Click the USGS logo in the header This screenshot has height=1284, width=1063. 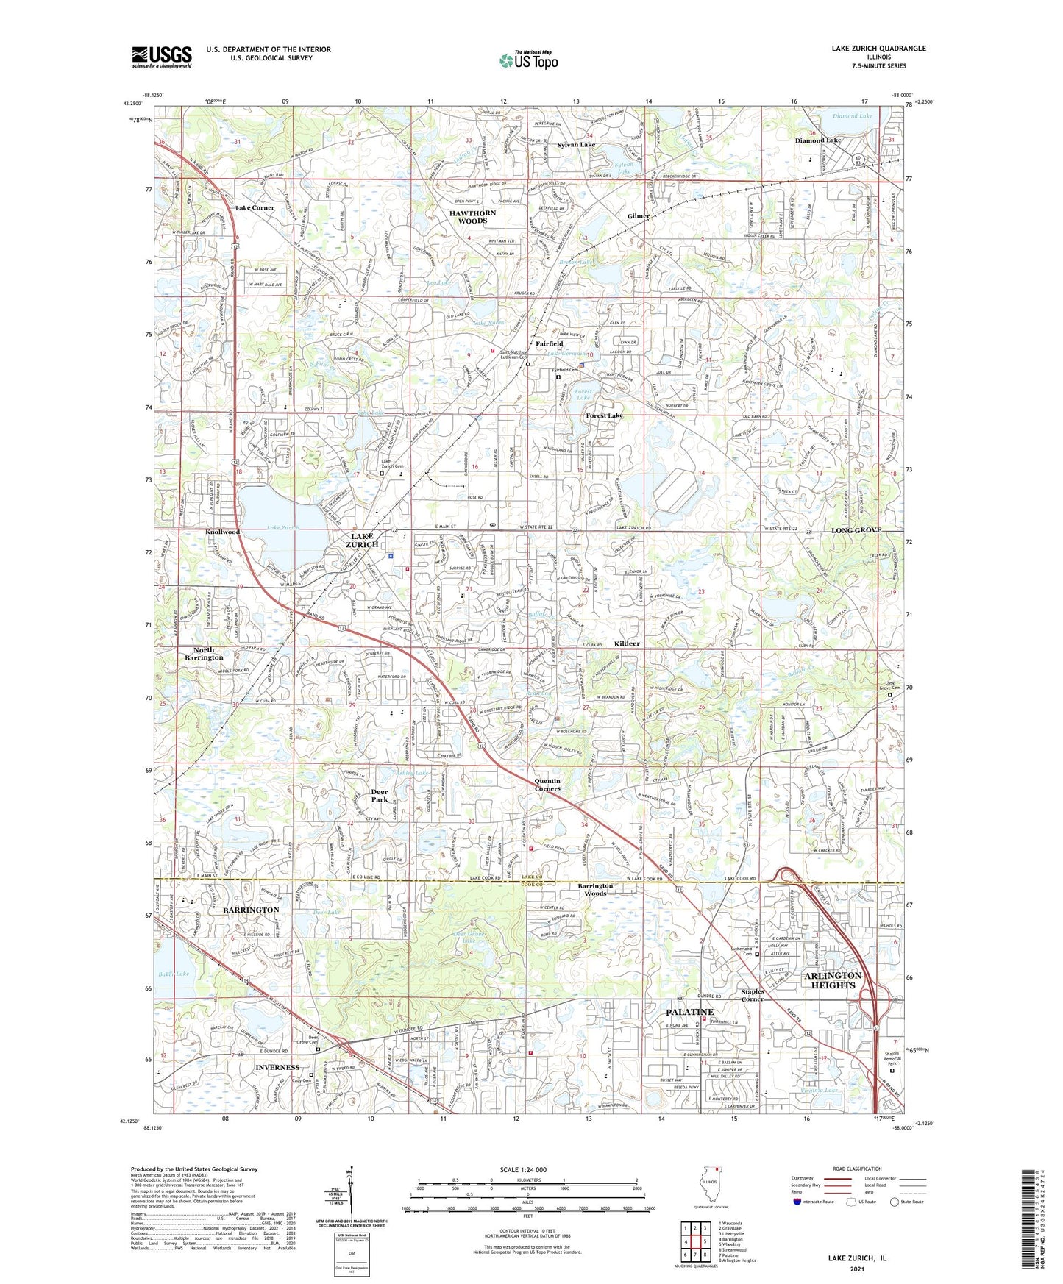click(x=162, y=57)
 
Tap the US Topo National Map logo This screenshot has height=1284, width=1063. click(x=527, y=60)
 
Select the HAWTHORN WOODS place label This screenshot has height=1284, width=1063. click(x=472, y=216)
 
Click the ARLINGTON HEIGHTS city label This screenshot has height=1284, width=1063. click(x=832, y=980)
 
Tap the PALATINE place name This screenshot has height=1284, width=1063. click(x=689, y=1012)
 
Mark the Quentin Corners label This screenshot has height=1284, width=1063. click(x=547, y=785)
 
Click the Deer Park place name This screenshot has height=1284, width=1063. click(x=379, y=796)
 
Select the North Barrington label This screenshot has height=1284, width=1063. click(x=204, y=654)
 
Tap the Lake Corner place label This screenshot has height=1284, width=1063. click(x=255, y=208)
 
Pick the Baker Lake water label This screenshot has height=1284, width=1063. click(x=172, y=974)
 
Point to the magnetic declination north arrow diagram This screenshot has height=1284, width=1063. click(x=350, y=1195)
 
